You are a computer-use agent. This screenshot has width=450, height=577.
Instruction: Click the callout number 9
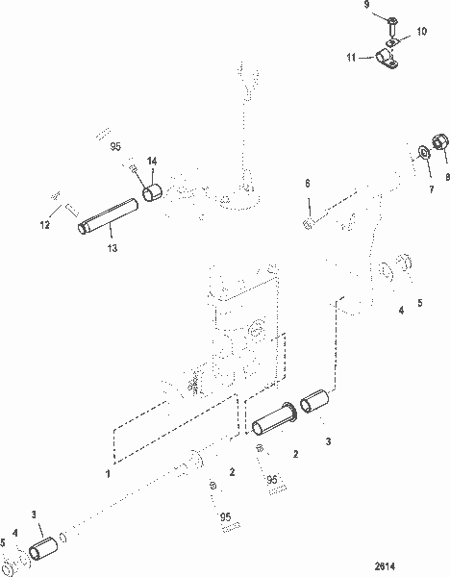point(366,5)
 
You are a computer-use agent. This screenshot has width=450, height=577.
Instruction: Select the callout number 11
point(353,58)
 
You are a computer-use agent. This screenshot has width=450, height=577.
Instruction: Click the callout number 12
point(43,226)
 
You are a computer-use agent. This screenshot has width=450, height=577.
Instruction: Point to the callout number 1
point(109,474)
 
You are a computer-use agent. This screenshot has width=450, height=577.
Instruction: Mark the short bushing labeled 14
point(153,195)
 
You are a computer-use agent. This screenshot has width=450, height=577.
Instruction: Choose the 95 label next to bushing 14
point(115,147)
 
